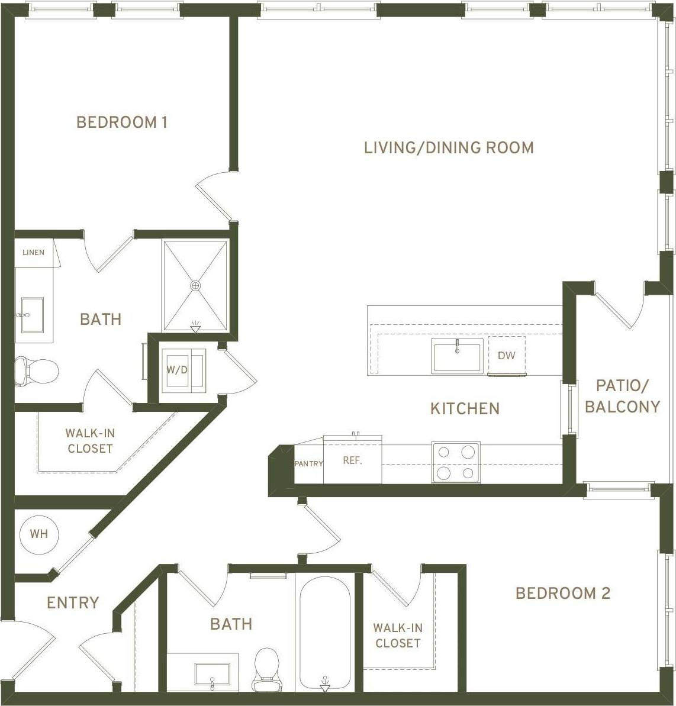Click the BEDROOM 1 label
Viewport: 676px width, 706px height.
122,122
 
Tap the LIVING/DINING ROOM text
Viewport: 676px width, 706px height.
449,147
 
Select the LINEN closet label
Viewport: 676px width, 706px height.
33,253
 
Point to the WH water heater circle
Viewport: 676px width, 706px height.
39,534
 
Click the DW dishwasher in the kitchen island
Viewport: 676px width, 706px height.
506,356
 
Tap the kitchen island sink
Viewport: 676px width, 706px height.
457,356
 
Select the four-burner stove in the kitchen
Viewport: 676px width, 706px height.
455,462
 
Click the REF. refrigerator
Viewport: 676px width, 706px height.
352,460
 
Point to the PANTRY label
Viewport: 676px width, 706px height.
308,463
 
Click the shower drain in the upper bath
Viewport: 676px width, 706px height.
195,286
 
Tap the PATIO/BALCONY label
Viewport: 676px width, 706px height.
622,396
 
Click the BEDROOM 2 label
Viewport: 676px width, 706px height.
562,593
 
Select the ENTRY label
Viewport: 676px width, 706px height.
73,602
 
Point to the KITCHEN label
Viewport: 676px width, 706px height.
465,408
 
